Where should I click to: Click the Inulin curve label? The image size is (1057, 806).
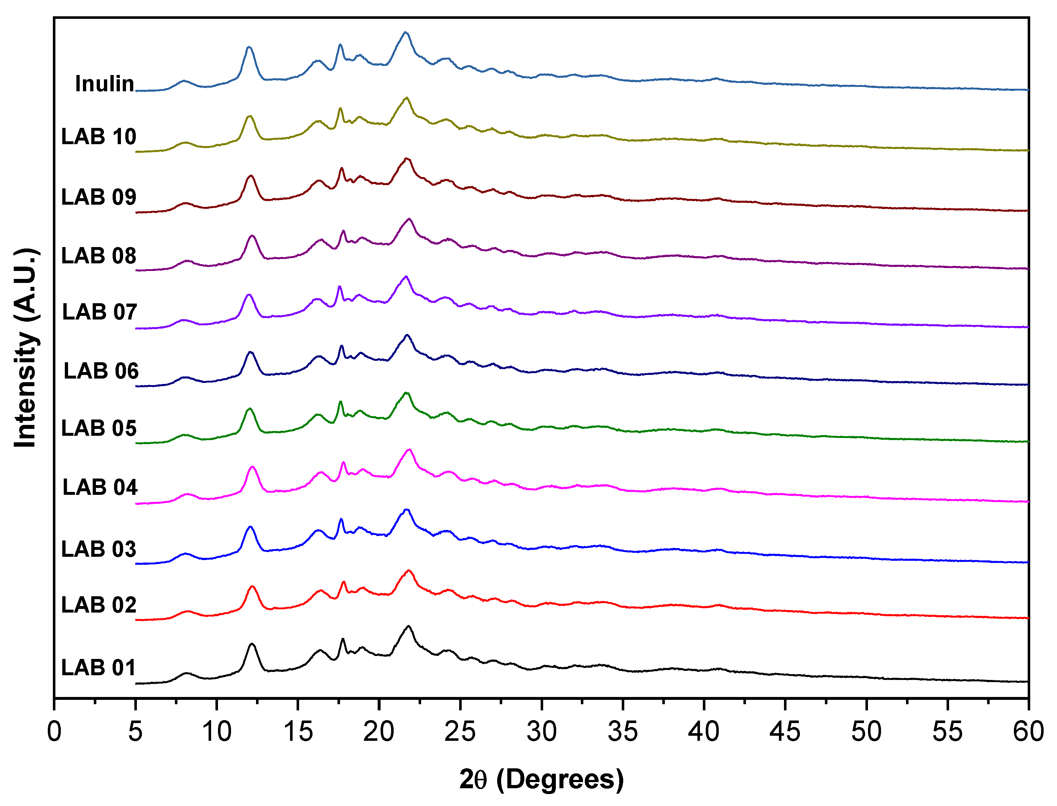105,84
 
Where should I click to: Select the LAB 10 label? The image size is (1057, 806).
99,137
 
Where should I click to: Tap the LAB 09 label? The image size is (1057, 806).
99,197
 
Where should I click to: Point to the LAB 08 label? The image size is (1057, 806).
99,256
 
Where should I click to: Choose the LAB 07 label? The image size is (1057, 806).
100,312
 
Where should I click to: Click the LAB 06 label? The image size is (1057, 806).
101,371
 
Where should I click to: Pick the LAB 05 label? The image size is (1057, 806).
99,428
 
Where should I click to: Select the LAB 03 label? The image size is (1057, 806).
99,549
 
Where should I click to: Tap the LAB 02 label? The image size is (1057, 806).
99,605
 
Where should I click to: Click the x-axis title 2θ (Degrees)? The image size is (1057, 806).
541,779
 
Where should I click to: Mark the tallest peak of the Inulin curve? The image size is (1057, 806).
406,33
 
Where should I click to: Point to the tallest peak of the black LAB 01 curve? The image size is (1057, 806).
408,627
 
